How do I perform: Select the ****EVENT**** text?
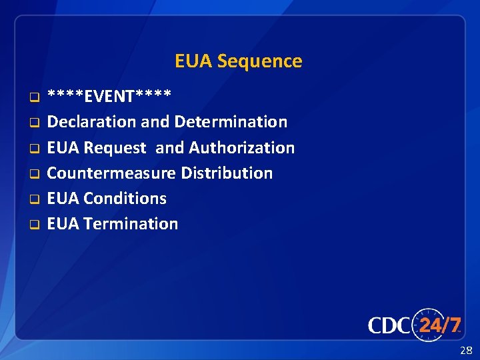pos(109,97)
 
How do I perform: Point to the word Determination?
pos(231,122)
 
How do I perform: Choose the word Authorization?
pos(242,147)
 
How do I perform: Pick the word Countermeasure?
pos(111,173)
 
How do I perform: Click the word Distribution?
pos(227,173)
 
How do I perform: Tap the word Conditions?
pos(125,198)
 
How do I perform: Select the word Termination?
pos(131,223)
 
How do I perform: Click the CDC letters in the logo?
pos(389,325)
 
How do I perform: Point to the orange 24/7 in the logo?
pos(439,325)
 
